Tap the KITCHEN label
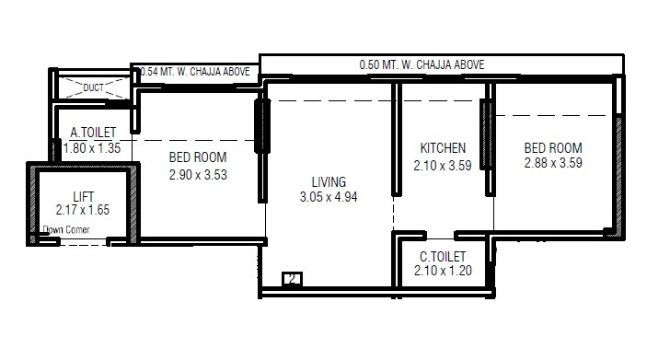pyautogui.click(x=443, y=148)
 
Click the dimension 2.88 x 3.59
pyautogui.click(x=553, y=163)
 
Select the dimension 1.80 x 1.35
pyautogui.click(x=93, y=145)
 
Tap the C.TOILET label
pyautogui.click(x=442, y=255)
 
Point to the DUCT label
pyautogui.click(x=94, y=88)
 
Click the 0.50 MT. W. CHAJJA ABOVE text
pyautogui.click(x=422, y=65)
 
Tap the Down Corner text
pyautogui.click(x=65, y=230)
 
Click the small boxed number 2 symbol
pyautogui.click(x=292, y=278)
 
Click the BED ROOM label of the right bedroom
pyautogui.click(x=553, y=147)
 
